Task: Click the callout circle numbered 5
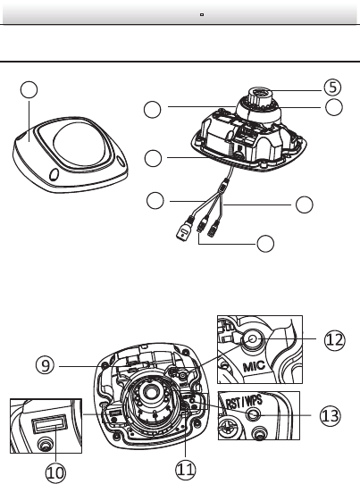click(332, 88)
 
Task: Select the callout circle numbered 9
click(45, 365)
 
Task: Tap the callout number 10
click(56, 472)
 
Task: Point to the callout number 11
click(186, 470)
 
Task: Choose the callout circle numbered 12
click(335, 340)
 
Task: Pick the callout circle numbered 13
click(331, 416)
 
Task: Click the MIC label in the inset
click(254, 366)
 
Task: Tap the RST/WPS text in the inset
click(244, 403)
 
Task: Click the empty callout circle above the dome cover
click(29, 90)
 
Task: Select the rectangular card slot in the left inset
click(49, 423)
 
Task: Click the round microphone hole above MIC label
click(253, 339)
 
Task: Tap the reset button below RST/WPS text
click(254, 414)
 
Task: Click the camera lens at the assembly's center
click(151, 392)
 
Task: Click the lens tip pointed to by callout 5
click(261, 92)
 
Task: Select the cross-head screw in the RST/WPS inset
click(228, 428)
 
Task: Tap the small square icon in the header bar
click(202, 14)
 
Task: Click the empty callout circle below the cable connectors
click(265, 244)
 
